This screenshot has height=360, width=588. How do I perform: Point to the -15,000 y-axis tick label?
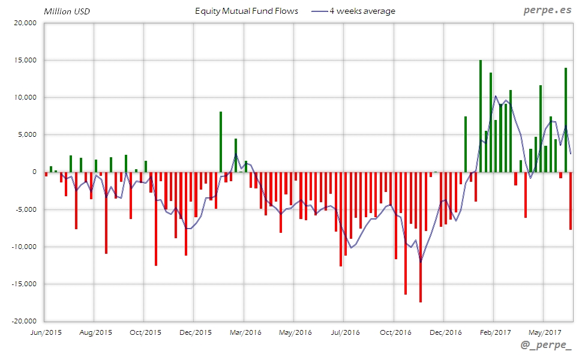[23, 284]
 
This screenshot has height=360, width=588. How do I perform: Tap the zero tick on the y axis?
[34, 172]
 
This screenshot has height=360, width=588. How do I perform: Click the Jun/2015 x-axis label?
[45, 332]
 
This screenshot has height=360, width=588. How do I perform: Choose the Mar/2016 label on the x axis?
[244, 332]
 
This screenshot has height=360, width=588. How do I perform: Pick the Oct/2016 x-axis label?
[394, 332]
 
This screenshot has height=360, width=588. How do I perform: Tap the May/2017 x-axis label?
[544, 332]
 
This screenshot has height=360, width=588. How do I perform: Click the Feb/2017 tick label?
[494, 332]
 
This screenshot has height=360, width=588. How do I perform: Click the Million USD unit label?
[67, 11]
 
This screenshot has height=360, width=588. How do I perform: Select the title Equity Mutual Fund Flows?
[247, 11]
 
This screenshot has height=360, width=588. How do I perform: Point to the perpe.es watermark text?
[548, 11]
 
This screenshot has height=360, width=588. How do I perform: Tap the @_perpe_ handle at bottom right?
[547, 346]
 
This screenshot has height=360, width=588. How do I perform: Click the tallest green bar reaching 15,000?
[481, 116]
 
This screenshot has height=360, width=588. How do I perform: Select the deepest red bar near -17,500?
[421, 237]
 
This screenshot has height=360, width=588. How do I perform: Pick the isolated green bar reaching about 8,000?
[221, 142]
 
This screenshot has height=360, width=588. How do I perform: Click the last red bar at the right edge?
[571, 200]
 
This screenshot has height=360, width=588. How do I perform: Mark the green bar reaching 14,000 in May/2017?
[566, 119]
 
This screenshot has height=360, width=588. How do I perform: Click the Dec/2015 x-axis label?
[194, 332]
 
